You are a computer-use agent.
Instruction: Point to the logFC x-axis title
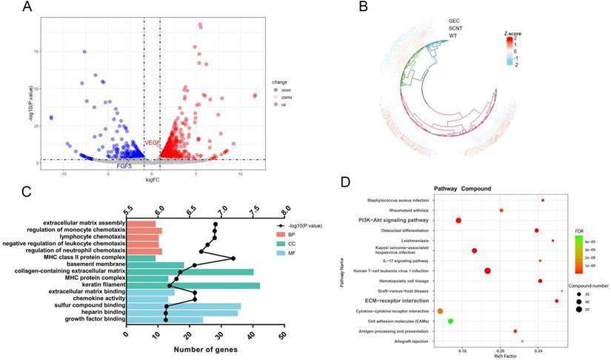[x=153, y=180]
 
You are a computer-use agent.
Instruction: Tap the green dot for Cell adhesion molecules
[x=450, y=321]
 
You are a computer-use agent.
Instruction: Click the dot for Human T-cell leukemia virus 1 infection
[x=487, y=270]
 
